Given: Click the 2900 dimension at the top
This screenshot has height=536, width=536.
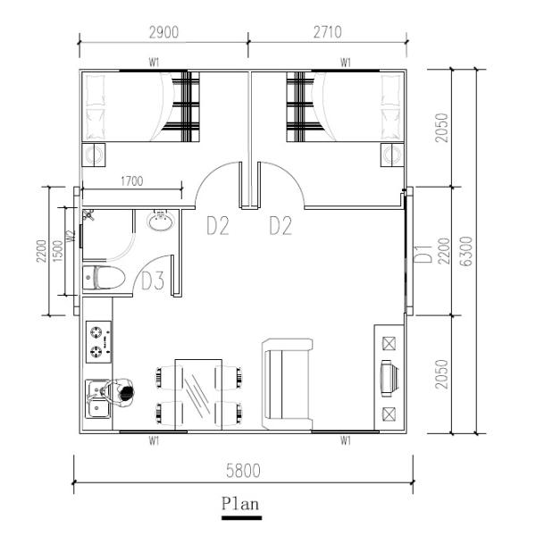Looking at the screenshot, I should pyautogui.click(x=163, y=31).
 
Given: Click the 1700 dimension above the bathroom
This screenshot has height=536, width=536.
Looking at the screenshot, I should pyautogui.click(x=131, y=182).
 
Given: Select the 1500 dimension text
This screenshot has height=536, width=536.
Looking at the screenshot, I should pyautogui.click(x=57, y=252).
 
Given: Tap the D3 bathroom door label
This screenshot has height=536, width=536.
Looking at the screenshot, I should pyautogui.click(x=153, y=282).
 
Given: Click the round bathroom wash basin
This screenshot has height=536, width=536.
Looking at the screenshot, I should pyautogui.click(x=160, y=221).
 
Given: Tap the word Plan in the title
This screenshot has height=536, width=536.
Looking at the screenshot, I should pyautogui.click(x=241, y=504).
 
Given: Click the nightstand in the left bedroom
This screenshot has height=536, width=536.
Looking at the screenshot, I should pyautogui.click(x=94, y=155).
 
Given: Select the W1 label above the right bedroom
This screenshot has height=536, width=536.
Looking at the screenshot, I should pyautogui.click(x=346, y=63).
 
